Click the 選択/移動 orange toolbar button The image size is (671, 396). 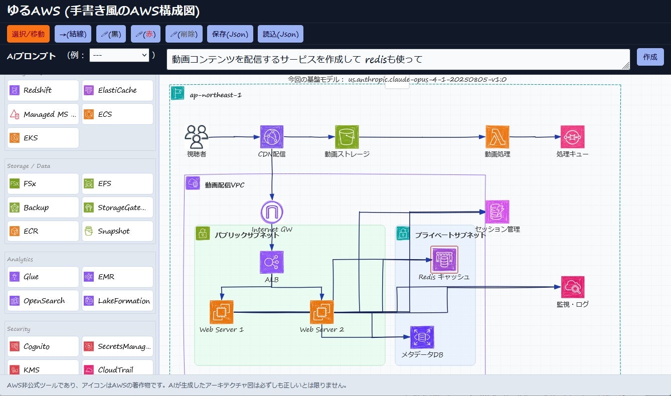coord(28,34)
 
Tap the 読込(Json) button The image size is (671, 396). coord(280,34)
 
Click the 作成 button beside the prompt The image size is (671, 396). coord(650,57)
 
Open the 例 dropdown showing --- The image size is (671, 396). coord(119,55)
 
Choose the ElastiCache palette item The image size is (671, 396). coord(117,90)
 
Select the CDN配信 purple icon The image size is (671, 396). coord(272,137)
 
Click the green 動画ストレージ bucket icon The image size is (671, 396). coord(347,137)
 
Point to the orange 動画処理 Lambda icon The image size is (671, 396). coord(497,137)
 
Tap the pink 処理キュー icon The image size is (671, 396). coord(572,137)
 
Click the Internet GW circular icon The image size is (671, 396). coord(272,212)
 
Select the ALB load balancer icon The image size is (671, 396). coord(272,262)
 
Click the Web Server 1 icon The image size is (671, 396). coord(221,312)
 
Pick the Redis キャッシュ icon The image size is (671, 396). coord(444,259)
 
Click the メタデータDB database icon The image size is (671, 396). coord(422,337)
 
